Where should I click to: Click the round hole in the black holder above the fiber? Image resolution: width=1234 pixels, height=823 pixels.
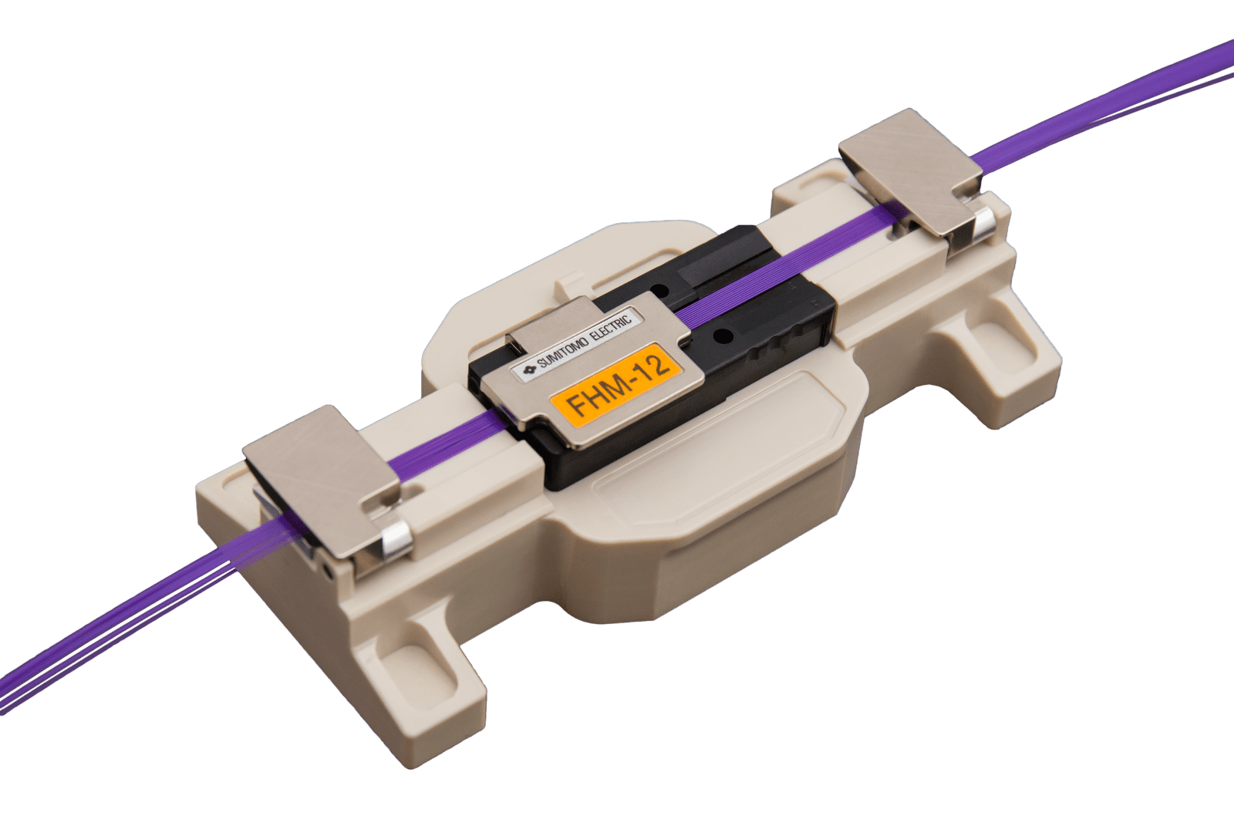(657, 288)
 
